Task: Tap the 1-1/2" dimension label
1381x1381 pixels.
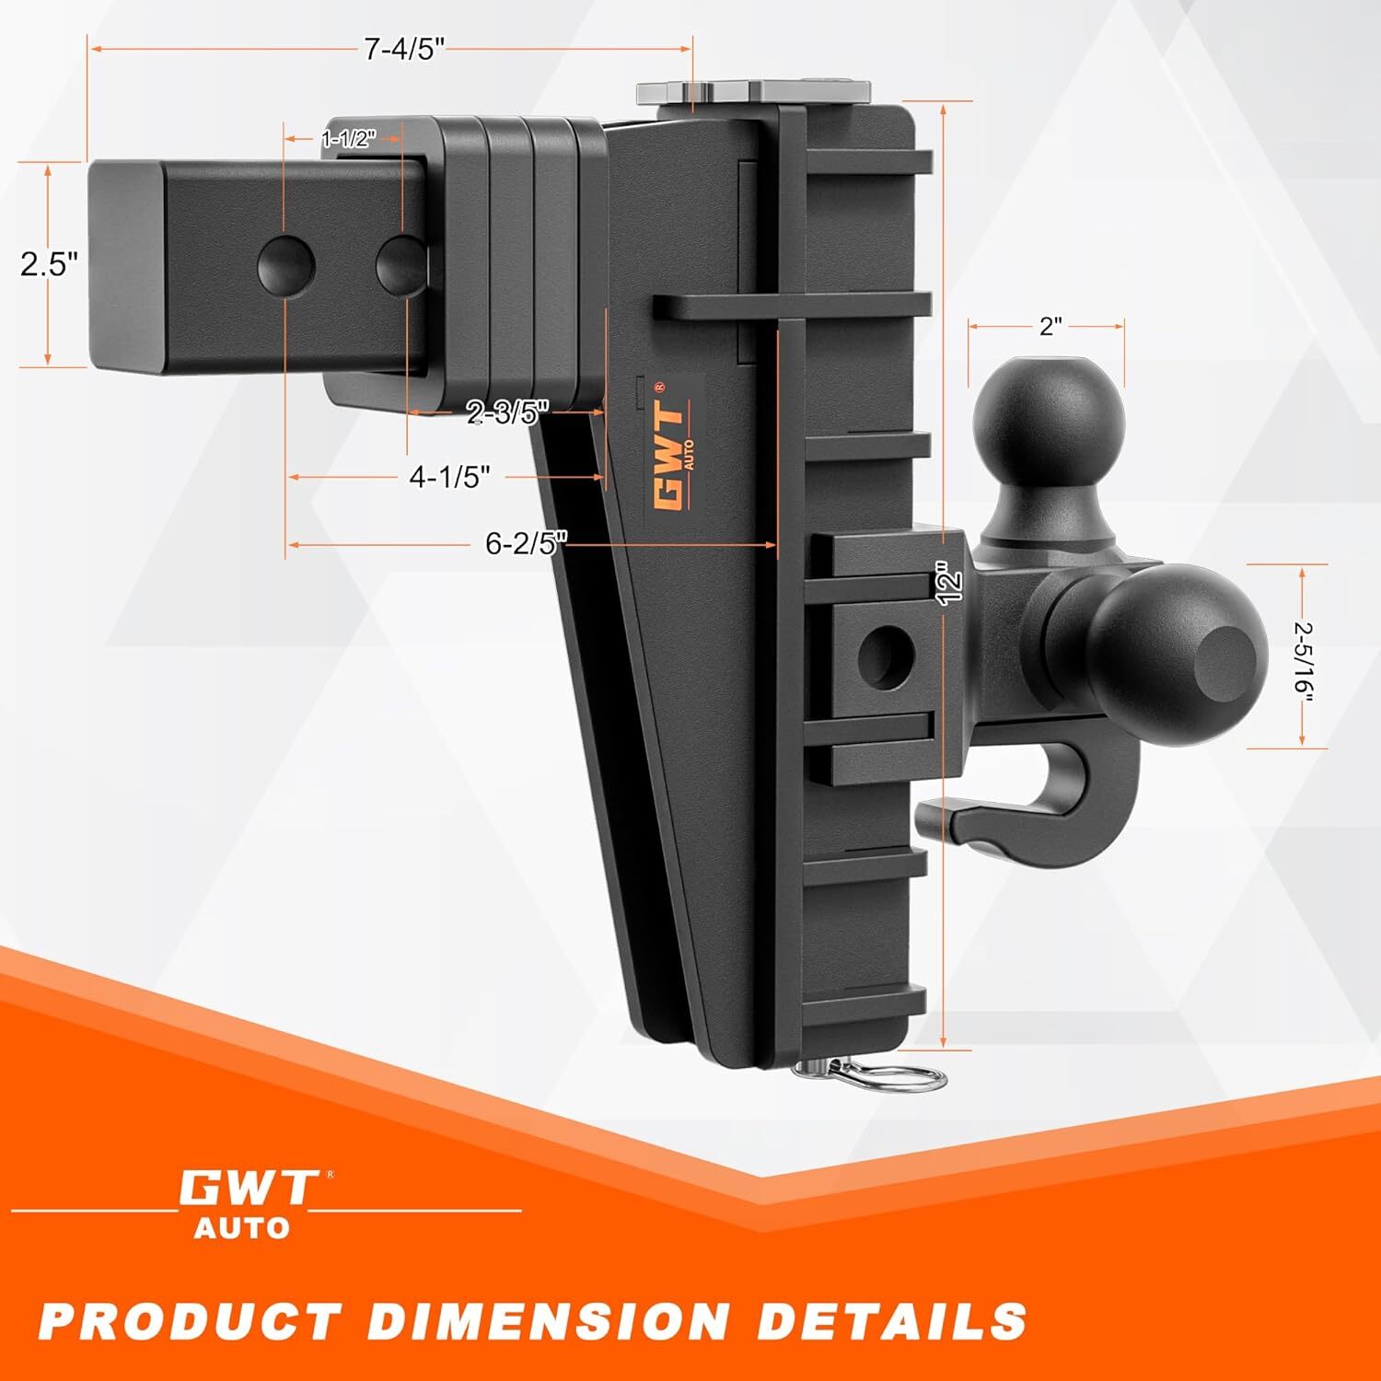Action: [349, 139]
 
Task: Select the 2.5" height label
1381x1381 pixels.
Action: [48, 265]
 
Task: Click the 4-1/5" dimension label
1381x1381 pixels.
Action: [449, 477]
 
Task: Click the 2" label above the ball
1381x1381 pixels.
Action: [1050, 325]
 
